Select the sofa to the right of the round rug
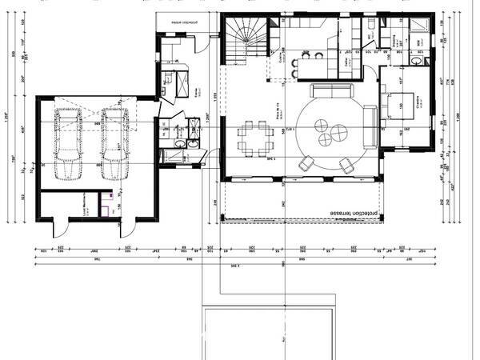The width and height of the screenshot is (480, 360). point(370,126)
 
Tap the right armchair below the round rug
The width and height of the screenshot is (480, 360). point(346,165)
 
